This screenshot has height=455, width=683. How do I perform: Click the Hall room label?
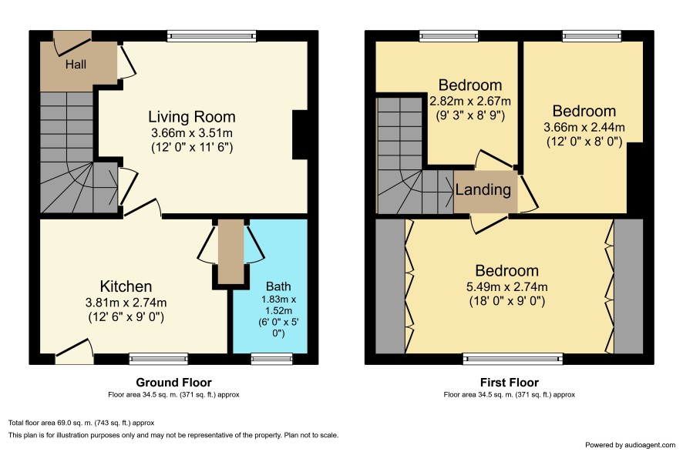tap(76, 65)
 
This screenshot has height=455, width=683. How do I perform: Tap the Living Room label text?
tap(192, 116)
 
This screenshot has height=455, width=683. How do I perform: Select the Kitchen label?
tap(126, 286)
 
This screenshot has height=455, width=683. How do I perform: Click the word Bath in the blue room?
tap(278, 286)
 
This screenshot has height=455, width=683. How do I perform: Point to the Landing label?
tap(483, 189)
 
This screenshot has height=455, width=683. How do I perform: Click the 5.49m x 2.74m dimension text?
tap(507, 287)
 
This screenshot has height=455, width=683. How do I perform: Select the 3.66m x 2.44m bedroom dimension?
tap(584, 128)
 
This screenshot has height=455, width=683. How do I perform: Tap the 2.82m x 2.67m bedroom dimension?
tap(470, 102)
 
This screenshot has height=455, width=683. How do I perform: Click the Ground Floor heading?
tap(173, 383)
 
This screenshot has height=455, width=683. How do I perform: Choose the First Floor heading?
tap(510, 383)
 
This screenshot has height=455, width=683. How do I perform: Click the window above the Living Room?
tap(211, 36)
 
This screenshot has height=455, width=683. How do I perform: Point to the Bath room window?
tap(266, 359)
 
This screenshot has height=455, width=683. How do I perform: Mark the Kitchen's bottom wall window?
tap(159, 359)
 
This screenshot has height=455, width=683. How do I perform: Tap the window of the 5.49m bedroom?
tap(513, 359)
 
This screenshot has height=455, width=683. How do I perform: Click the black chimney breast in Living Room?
tap(300, 135)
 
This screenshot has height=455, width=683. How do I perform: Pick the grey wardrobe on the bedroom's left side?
tap(390, 286)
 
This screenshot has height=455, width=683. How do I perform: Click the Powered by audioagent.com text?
tap(630, 445)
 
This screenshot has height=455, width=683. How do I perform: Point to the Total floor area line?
tap(82, 423)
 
